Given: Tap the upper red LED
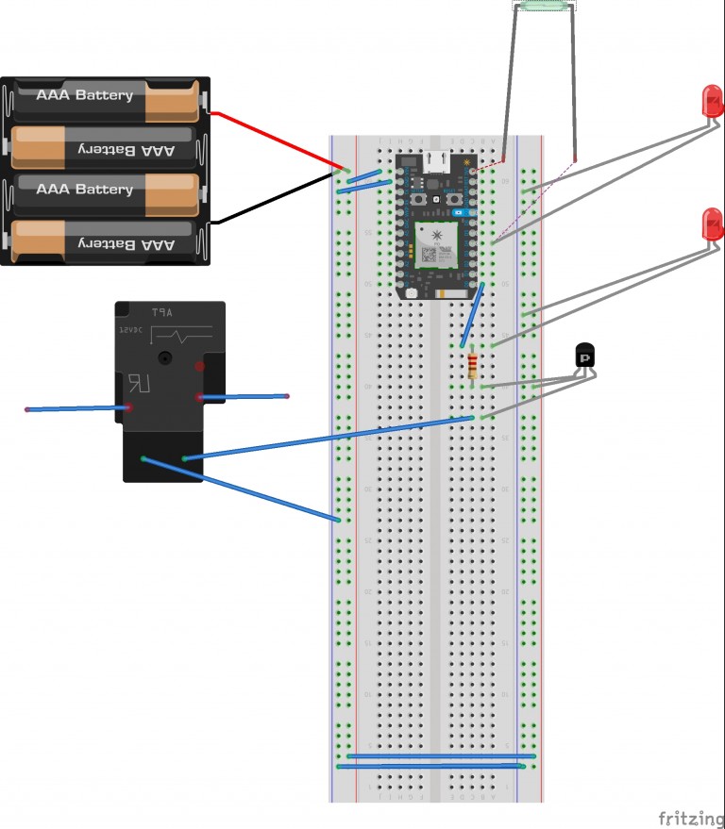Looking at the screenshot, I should click(712, 100).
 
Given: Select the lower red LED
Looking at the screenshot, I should click(712, 224).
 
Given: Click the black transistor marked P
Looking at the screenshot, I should click(585, 356).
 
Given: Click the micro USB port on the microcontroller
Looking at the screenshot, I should click(436, 161).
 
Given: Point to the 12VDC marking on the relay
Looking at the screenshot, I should click(130, 332).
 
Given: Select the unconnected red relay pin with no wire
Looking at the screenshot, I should click(199, 365).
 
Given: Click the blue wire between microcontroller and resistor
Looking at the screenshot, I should click(472, 315).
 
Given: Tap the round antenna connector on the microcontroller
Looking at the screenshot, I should click(412, 293).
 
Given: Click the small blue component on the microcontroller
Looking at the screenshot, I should click(460, 214).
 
